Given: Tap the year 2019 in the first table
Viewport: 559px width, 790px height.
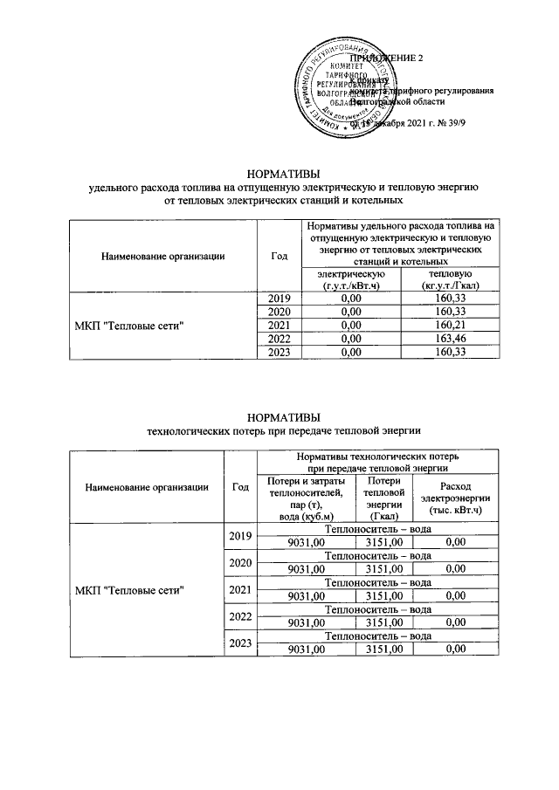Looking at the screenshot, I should pos(278,299).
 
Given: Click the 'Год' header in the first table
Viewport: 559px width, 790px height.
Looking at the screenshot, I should pos(279,256).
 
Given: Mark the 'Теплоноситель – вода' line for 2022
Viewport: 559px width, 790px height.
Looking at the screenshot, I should pos(378,610).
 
